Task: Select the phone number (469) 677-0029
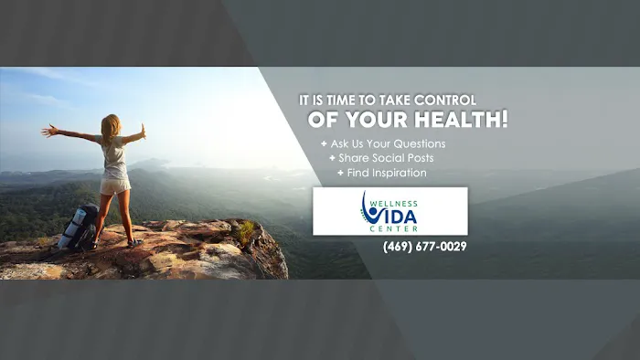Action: click(425, 246)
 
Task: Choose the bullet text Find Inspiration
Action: click(387, 173)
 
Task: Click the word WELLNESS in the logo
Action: click(400, 204)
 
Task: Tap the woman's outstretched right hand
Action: click(142, 131)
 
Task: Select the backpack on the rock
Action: click(77, 228)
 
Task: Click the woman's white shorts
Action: click(116, 185)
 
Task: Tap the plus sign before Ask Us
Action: click(323, 144)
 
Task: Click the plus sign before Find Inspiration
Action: click(340, 173)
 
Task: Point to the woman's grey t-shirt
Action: click(115, 157)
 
